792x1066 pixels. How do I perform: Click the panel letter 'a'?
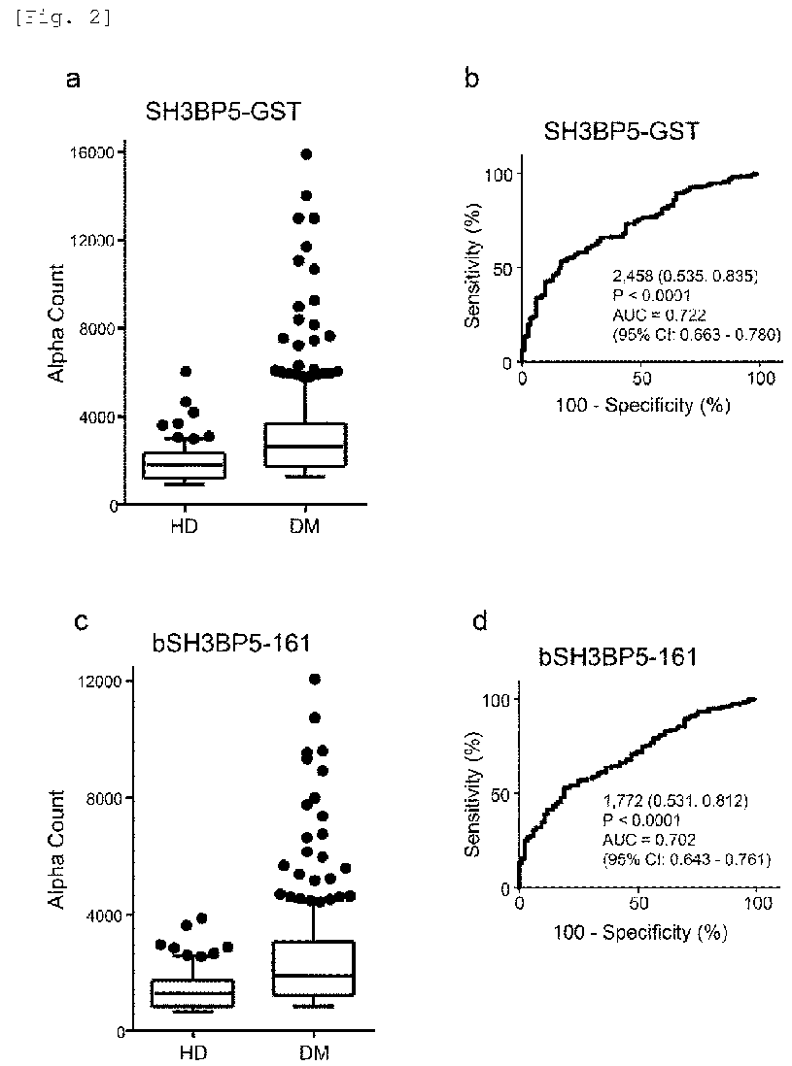point(73,81)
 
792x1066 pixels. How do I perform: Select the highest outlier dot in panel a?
point(306,154)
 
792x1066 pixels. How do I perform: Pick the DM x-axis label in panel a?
point(307,527)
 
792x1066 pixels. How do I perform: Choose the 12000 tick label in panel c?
point(95,681)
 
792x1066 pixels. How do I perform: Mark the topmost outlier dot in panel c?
point(314,680)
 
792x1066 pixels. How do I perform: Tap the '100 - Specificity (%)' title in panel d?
point(637,931)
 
